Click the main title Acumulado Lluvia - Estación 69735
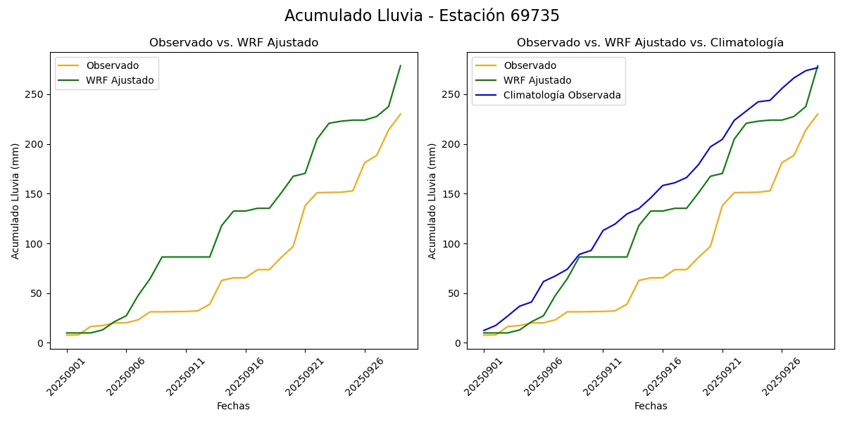(x=422, y=16)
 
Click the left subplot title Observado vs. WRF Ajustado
(x=234, y=43)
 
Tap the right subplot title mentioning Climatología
(x=650, y=43)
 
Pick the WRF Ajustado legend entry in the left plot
(x=120, y=80)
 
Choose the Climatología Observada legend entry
(x=562, y=96)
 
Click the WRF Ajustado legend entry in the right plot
(x=537, y=80)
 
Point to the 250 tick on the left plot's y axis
(x=37, y=95)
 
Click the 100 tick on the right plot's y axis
(x=453, y=244)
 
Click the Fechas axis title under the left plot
(x=233, y=406)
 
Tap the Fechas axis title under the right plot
(x=651, y=406)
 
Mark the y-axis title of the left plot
(x=15, y=200)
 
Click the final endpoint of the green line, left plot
(x=400, y=66)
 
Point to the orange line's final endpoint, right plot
(x=818, y=114)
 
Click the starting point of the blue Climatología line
(x=484, y=331)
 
